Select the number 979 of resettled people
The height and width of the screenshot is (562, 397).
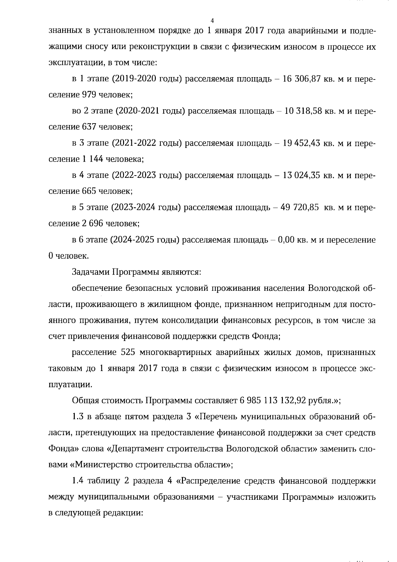click(89, 95)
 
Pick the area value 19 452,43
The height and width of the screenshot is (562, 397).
click(301, 143)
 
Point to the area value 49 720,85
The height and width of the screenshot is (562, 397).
click(299, 207)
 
